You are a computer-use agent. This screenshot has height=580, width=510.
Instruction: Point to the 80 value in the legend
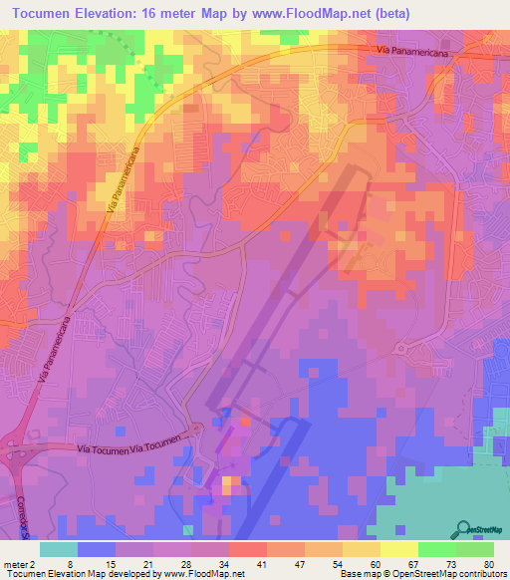(x=488, y=563)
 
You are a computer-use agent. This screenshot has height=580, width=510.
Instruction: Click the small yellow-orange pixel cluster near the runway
(x=229, y=484)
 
